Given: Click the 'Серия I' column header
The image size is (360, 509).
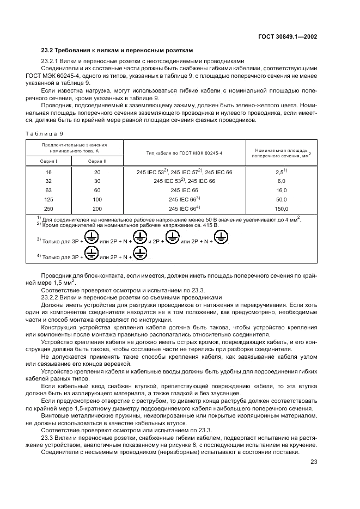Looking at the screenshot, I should click(48, 161).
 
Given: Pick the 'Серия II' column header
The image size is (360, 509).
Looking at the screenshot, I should click(98, 161).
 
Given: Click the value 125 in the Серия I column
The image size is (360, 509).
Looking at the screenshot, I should click(48, 199).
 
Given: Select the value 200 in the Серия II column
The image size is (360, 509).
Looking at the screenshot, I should click(98, 208).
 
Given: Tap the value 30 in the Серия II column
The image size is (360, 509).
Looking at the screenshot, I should click(98, 181).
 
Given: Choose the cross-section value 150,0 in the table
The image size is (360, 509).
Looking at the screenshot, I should click(281, 208).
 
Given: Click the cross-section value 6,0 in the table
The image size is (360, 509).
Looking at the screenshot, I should click(281, 181).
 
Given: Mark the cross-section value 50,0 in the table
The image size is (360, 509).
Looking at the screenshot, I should click(281, 199).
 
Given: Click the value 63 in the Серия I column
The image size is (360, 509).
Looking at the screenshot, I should click(48, 190).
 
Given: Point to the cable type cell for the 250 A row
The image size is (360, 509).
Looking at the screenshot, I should click(185, 208).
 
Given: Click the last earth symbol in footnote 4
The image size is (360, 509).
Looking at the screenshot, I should click(141, 254).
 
